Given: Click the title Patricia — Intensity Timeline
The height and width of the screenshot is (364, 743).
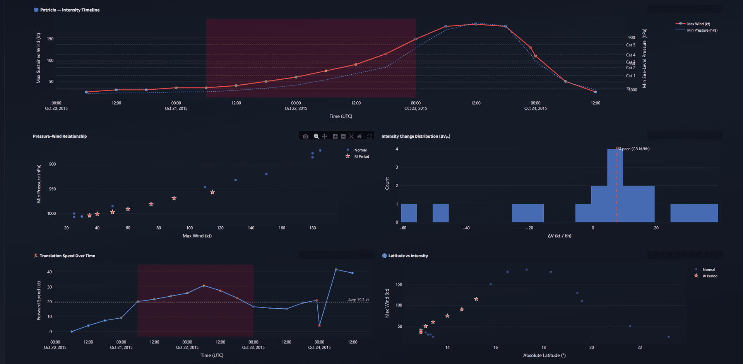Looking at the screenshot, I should coord(70,10).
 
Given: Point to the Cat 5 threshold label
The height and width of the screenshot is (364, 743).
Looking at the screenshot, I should coord(630,45).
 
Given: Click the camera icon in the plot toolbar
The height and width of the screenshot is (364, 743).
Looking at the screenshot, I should coord(306,136).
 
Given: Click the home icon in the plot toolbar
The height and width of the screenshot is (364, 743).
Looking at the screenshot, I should coord(360,136).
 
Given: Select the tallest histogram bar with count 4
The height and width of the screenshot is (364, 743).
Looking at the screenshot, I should coord(615,186).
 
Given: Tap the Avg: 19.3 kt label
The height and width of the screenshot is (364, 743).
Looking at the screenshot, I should coord(358,300).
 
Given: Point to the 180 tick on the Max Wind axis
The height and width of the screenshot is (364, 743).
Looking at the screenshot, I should coord(312,228).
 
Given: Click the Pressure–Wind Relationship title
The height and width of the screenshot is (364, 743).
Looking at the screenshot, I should coord(60,136).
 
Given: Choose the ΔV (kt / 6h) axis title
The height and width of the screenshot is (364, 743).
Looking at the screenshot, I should coord(559,236).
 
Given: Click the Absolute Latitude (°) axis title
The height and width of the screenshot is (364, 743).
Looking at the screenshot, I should coord(544,355).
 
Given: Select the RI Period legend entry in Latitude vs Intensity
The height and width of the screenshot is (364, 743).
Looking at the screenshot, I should coord(709,276).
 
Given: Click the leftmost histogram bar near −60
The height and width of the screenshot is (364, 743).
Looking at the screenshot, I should coord(409,213).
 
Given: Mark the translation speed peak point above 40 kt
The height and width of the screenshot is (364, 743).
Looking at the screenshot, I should coord(336,270).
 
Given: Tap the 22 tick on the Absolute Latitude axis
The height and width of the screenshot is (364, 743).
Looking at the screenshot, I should coord(639,347).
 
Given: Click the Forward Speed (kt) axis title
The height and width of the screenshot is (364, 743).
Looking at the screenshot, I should coord(39,301).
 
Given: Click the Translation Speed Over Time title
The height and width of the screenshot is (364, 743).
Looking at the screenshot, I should coord(67,256).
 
